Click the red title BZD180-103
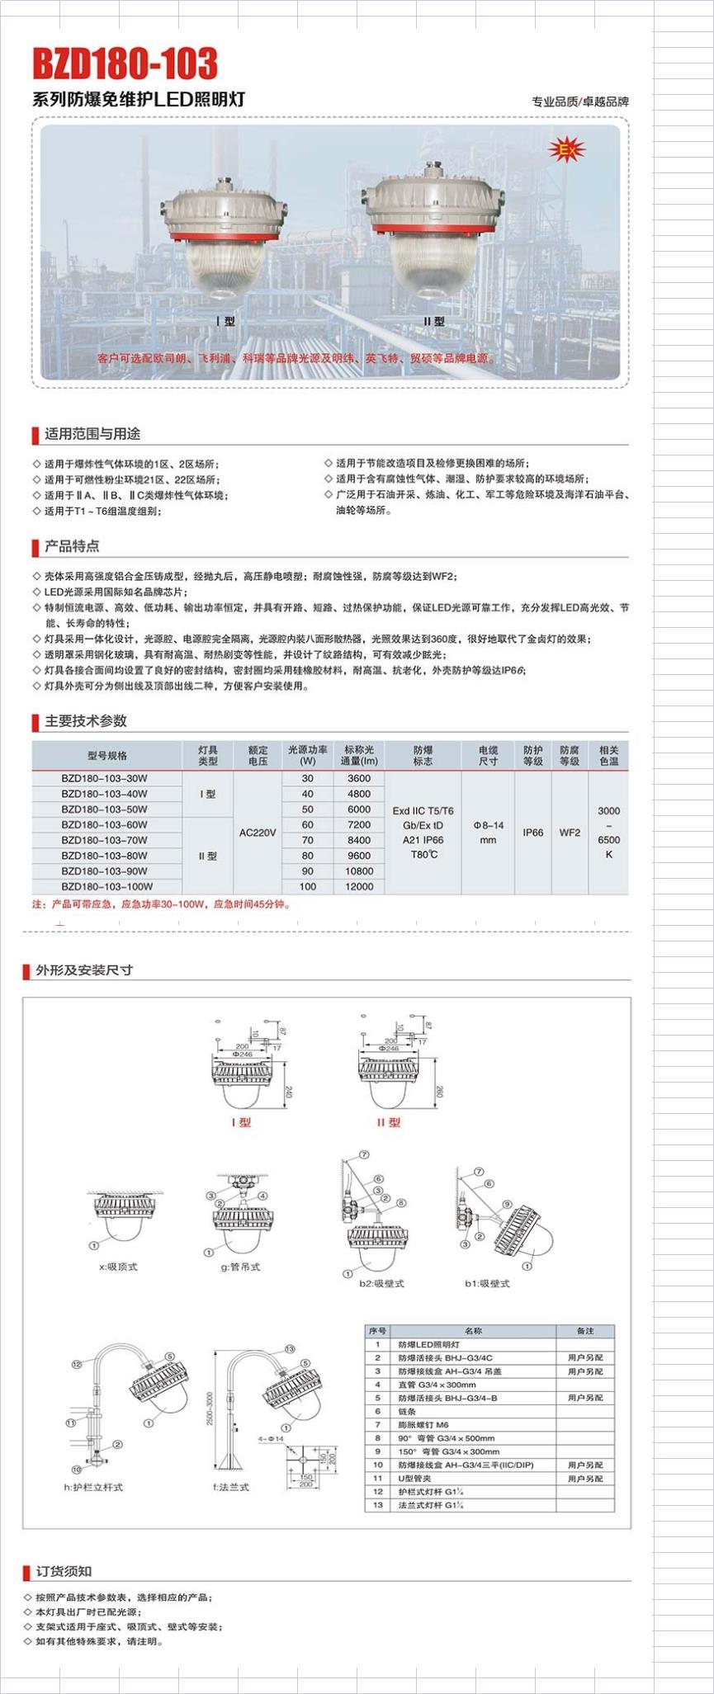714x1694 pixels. (125, 64)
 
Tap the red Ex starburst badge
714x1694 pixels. (566, 150)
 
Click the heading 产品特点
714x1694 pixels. (72, 546)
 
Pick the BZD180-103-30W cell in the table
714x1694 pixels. (105, 778)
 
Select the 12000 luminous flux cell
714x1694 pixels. (359, 886)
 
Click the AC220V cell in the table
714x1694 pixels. (258, 833)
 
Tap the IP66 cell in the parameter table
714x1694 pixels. (533, 833)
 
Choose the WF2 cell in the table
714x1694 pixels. (570, 833)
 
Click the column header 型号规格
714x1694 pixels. (107, 755)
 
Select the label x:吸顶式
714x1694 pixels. (118, 1267)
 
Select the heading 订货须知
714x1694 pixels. (64, 1572)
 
